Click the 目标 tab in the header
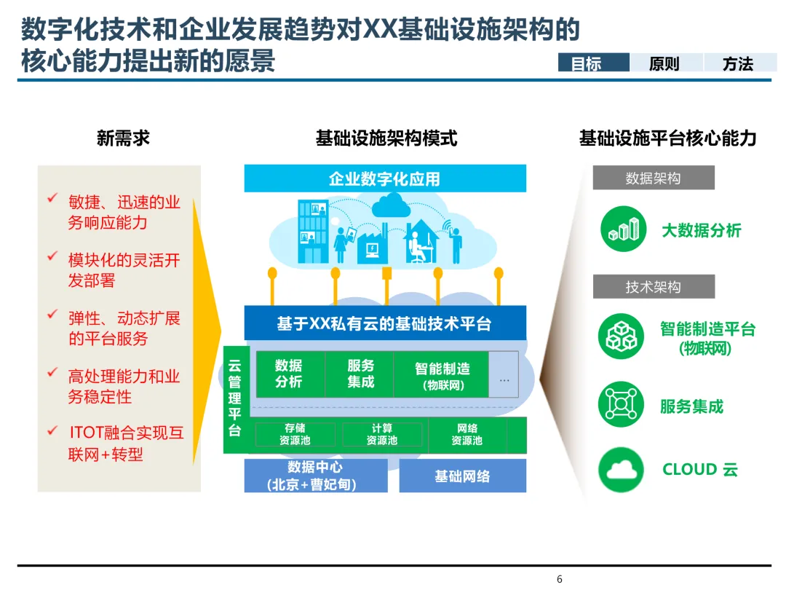[593, 63]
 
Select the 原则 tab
[664, 63]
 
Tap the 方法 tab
[737, 63]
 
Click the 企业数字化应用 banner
[384, 178]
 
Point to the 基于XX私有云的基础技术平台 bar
[384, 323]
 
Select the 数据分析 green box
[289, 374]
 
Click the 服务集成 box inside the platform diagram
[360, 374]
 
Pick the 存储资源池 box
[295, 435]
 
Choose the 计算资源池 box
[381, 435]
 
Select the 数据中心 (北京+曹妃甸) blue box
[316, 475]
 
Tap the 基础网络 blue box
[462, 476]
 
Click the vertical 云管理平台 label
[235, 398]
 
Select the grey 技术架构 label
[653, 287]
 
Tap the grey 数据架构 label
[653, 178]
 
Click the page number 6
[560, 580]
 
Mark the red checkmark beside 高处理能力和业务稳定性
[52, 373]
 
